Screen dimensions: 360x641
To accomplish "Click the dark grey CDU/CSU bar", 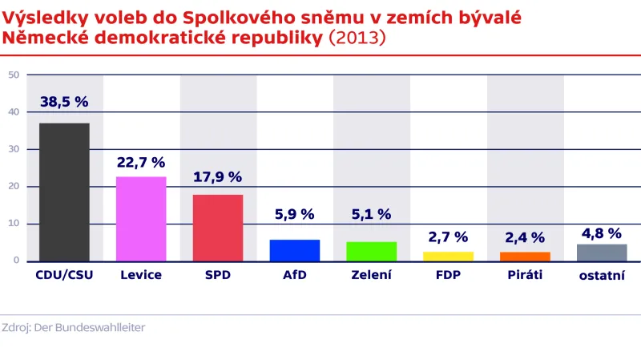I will point(64,192).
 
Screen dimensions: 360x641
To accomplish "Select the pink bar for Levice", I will point(141,219).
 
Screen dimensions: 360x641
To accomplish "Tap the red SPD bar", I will point(218,228).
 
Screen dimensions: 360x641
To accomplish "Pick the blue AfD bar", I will point(295,250).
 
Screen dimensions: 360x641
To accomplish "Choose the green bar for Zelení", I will point(372,252).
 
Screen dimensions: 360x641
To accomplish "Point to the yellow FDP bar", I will point(449,257).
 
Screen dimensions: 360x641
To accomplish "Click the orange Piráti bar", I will point(526,257).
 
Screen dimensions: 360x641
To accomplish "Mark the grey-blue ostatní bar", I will point(602,253).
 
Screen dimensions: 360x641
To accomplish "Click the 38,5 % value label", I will point(64,102).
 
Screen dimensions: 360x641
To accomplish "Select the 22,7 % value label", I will point(141,162).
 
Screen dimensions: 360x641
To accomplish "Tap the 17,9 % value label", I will point(217,177).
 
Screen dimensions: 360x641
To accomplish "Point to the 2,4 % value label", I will point(525,237).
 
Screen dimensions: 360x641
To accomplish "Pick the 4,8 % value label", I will point(601,233).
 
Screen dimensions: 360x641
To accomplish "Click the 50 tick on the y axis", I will point(14,75).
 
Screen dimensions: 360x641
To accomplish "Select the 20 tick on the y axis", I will point(14,187).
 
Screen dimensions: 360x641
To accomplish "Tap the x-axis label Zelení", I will point(372,275).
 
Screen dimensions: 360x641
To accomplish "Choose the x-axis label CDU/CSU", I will point(64,275).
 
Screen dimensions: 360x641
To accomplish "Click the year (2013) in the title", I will point(357,38).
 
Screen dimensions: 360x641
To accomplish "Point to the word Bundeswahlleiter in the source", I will point(105,327).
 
